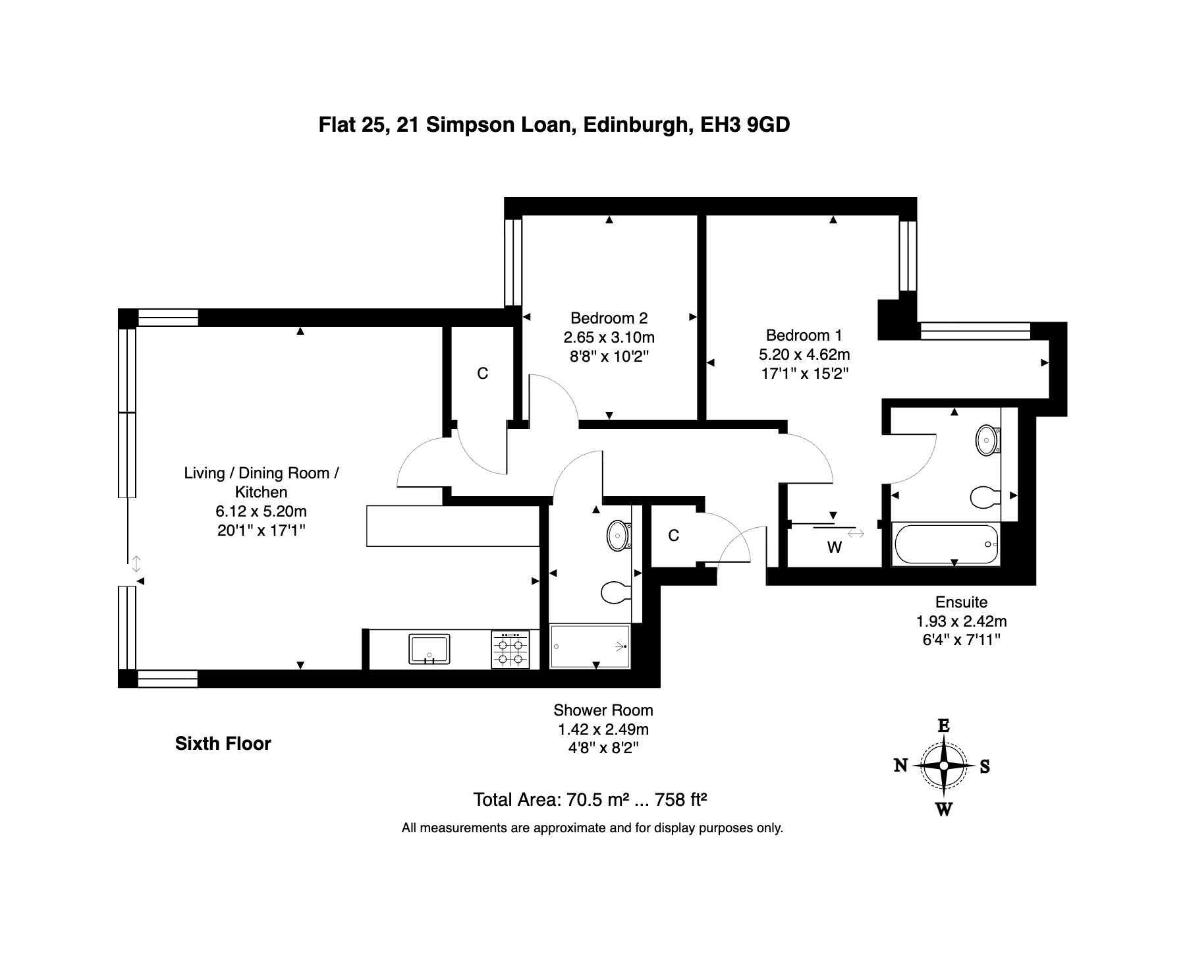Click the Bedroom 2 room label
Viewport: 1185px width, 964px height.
[609, 318]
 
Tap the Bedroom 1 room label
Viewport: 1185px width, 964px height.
[804, 335]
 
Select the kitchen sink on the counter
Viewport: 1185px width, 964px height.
[429, 650]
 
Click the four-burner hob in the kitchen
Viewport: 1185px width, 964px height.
[510, 650]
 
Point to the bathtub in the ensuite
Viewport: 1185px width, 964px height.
[945, 544]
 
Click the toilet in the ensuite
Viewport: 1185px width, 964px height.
[986, 496]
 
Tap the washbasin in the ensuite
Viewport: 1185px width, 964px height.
[987, 439]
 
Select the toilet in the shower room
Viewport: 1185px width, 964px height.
[617, 591]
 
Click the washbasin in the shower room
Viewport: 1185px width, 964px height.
[618, 535]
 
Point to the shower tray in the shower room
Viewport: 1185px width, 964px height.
[590, 646]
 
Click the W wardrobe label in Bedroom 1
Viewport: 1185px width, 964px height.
[835, 548]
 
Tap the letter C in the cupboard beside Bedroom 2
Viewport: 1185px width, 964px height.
[483, 374]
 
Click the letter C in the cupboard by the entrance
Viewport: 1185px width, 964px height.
[673, 536]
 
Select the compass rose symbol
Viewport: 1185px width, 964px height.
[943, 766]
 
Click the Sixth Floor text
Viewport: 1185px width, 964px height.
[223, 744]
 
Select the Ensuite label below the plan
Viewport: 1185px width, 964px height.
[961, 602]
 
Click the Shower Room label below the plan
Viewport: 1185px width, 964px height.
[603, 710]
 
